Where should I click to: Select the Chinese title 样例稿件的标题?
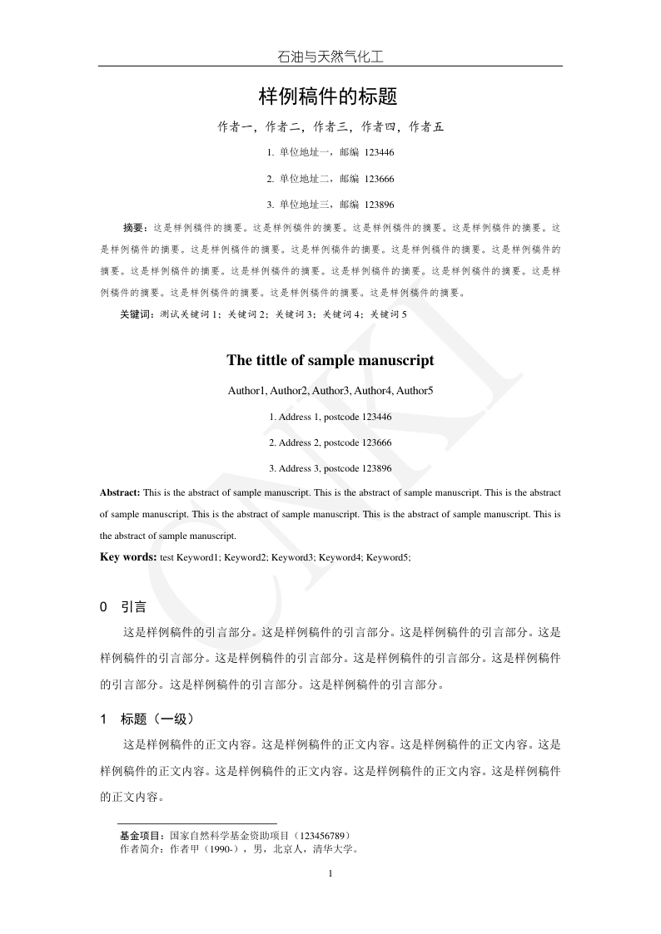[x=329, y=96]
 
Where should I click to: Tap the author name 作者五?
[x=426, y=127]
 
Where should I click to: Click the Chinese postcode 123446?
[x=380, y=153]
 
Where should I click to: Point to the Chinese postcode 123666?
[x=380, y=179]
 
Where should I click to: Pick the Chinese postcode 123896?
[x=380, y=205]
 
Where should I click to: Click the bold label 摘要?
[x=134, y=227]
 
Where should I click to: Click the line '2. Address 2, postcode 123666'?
[x=330, y=442]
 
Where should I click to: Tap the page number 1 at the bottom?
[x=330, y=873]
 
